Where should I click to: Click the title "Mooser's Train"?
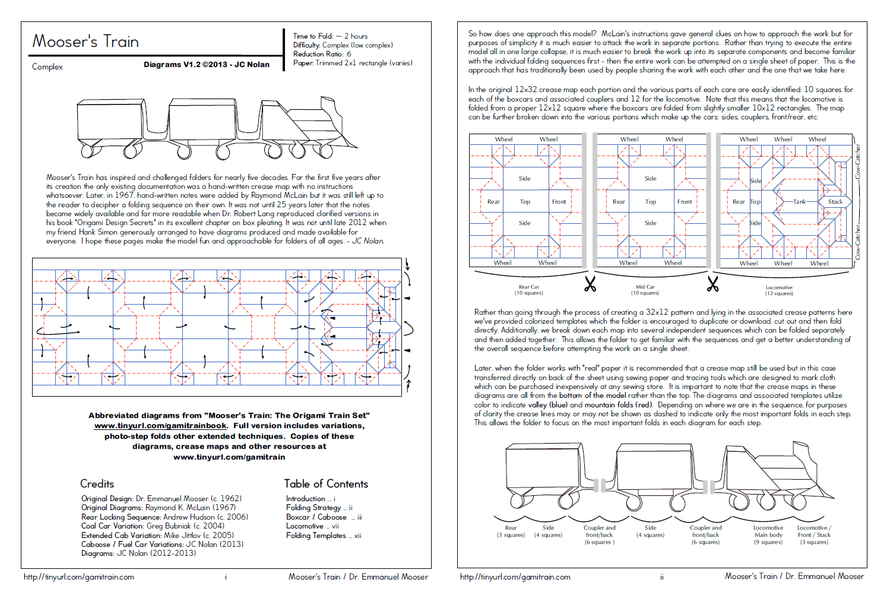point(85,42)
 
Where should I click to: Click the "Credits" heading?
point(97,484)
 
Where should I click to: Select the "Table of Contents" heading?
point(326,484)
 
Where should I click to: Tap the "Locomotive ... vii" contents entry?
point(312,526)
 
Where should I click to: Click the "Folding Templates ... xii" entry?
point(324,536)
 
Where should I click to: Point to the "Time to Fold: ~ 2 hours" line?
point(330,36)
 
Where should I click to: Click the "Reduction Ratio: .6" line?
point(322,54)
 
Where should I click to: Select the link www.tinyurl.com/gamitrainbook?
point(160,426)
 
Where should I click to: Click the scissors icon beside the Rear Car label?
point(590,284)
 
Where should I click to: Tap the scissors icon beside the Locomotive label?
point(713,284)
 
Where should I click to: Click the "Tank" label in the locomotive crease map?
point(800,202)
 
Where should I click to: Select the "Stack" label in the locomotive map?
point(835,202)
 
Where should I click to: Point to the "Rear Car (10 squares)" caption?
point(528,290)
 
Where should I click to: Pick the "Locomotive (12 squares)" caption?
point(779,290)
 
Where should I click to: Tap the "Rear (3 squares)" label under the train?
point(511,531)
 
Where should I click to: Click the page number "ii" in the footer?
point(662,577)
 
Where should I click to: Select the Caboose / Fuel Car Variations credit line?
point(162,544)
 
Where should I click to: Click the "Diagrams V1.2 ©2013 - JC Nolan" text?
point(207,65)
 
